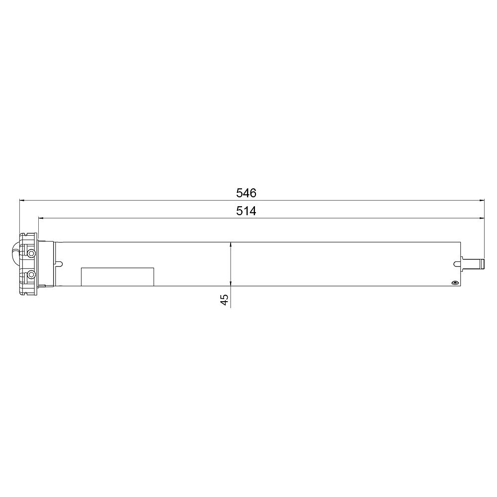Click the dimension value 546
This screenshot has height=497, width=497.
pos(246,193)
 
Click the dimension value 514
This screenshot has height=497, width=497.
pos(246,211)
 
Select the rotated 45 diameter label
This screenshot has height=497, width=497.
pos(224,300)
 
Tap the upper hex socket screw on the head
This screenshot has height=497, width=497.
pos(31,253)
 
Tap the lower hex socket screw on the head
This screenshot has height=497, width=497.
pos(31,274)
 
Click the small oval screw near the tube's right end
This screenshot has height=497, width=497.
pos(455,283)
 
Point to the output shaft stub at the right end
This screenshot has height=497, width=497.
pos(472,264)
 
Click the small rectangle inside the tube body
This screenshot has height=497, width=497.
pos(118,277)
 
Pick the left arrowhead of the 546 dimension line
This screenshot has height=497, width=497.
pos(21,200)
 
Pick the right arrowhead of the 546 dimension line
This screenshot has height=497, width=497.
pos(482,200)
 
